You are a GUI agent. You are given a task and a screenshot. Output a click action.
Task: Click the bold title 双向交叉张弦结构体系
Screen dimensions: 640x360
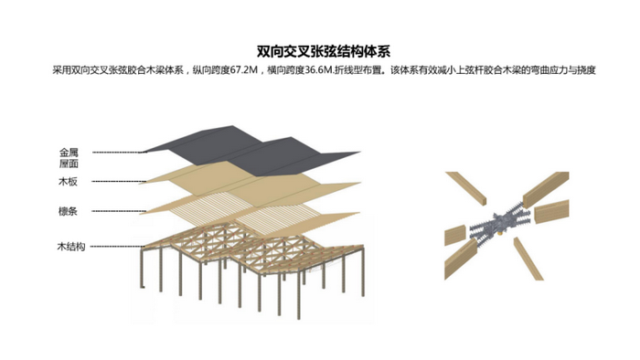(324, 52)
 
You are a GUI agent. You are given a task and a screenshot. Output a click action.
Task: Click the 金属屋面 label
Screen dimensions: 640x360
(69, 158)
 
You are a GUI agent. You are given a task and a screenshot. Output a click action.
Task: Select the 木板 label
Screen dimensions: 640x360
(68, 182)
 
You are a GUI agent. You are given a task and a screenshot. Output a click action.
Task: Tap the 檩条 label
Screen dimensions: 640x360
(68, 211)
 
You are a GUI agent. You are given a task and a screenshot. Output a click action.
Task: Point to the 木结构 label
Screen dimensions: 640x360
(71, 247)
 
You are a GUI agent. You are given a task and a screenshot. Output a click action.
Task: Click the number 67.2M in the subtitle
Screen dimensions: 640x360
(244, 70)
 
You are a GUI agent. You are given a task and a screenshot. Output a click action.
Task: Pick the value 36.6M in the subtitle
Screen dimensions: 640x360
(319, 70)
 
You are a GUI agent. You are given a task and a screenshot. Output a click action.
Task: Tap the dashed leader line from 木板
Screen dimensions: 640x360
(118, 182)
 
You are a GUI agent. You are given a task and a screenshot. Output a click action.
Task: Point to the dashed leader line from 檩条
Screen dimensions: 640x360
(119, 211)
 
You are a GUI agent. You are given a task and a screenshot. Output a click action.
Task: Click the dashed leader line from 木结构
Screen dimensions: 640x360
(117, 247)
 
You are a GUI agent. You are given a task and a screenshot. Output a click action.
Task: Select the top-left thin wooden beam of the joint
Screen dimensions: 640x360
(466, 187)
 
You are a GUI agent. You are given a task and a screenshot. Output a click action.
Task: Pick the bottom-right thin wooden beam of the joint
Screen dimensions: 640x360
(528, 259)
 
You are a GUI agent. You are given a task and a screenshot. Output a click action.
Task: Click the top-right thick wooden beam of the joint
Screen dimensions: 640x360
(546, 189)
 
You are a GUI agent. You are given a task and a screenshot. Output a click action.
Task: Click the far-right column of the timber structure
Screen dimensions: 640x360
(362, 271)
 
